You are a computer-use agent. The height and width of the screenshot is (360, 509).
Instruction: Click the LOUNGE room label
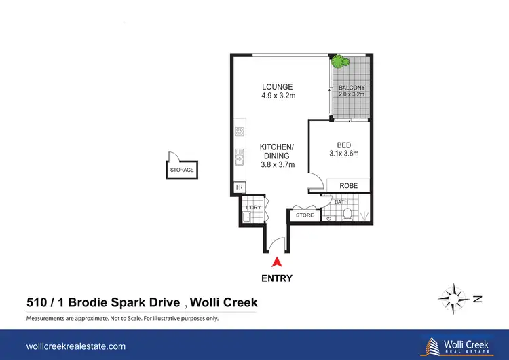coord(278,87)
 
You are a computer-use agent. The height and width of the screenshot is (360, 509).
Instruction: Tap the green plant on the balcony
coord(339,62)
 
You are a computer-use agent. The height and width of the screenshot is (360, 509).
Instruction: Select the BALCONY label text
coord(352,88)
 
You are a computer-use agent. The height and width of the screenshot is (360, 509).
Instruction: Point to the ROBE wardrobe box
coord(348,185)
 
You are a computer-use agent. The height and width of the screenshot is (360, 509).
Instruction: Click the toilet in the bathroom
coord(347,214)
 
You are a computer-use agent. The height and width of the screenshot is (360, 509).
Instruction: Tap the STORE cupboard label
coord(305,215)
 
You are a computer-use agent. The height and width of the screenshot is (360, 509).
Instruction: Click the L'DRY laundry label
coord(253,207)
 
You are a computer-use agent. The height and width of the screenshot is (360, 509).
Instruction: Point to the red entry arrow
coord(276,263)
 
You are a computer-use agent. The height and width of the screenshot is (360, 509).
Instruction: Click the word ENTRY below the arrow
coord(276,278)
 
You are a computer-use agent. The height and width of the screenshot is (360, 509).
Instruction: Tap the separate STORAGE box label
coord(181,170)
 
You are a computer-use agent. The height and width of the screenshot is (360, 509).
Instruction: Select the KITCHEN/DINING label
coord(278,151)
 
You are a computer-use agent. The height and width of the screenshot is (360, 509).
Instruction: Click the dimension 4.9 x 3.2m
coord(278,96)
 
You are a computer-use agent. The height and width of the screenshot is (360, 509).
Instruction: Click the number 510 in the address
coord(37,302)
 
